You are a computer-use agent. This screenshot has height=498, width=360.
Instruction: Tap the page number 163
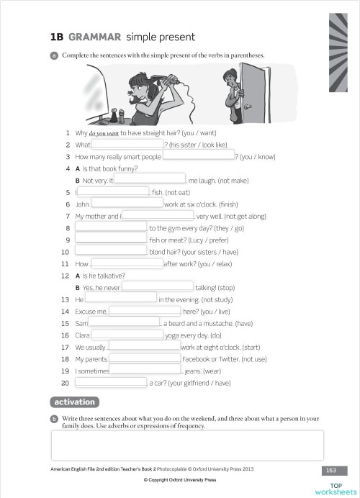[x=331, y=470]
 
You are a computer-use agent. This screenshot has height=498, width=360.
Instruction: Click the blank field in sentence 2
[x=127, y=144]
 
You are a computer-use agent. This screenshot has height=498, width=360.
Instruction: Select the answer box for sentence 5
[x=113, y=192]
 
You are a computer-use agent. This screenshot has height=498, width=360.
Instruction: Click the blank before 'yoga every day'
[x=127, y=335]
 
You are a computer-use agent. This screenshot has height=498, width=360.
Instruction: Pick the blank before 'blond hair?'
[x=111, y=251]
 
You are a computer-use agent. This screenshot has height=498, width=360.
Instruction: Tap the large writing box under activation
[x=187, y=445]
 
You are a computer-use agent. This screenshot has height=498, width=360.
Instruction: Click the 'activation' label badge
[x=75, y=402]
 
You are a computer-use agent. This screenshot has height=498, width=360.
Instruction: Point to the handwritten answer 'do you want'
[x=103, y=133]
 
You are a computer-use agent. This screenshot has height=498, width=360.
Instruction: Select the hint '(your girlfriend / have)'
[x=199, y=383]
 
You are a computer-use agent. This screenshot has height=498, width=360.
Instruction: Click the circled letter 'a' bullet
[x=54, y=55]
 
